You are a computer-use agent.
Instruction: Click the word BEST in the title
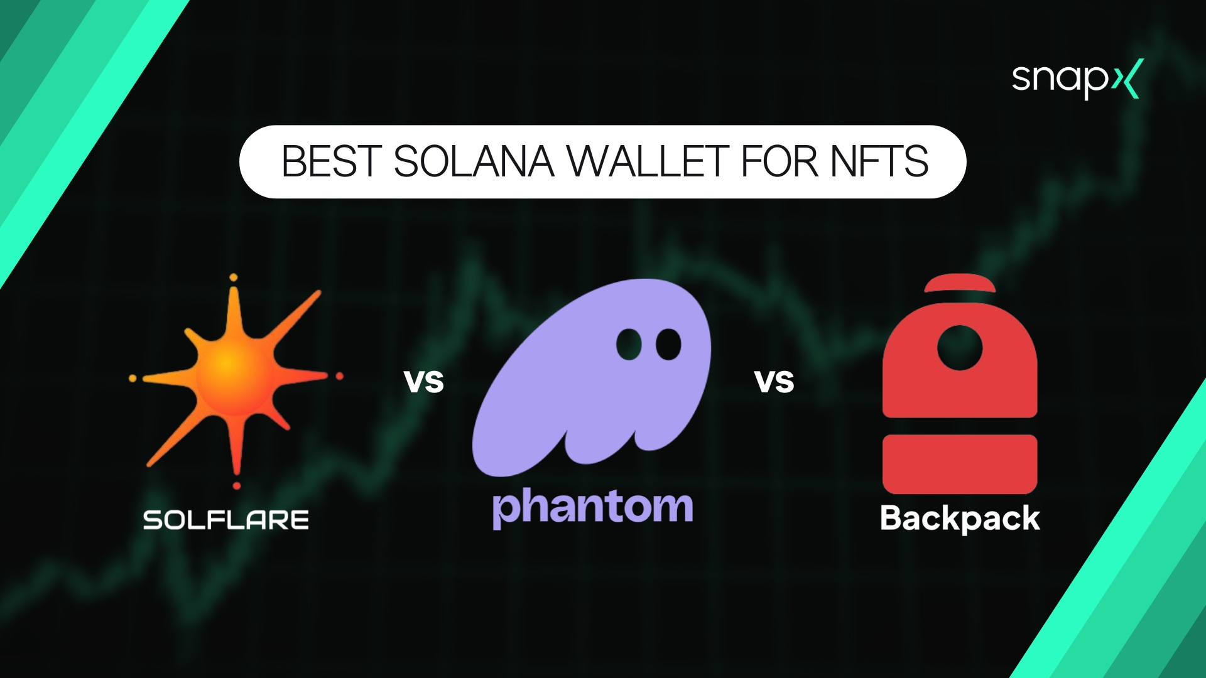pyautogui.click(x=331, y=162)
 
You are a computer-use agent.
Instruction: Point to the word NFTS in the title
pyautogui.click(x=879, y=162)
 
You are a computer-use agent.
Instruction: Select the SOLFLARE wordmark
pyautogui.click(x=226, y=520)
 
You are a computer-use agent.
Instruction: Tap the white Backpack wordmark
pyautogui.click(x=960, y=519)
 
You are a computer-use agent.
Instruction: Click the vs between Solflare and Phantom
pyautogui.click(x=424, y=382)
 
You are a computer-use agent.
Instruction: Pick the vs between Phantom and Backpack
pyautogui.click(x=774, y=382)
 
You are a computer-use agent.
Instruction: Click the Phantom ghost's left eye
pyautogui.click(x=629, y=344)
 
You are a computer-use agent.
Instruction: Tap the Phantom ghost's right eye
pyautogui.click(x=668, y=344)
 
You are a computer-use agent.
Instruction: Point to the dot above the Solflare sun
pyautogui.click(x=234, y=277)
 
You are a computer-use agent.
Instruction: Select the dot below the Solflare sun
pyautogui.click(x=237, y=485)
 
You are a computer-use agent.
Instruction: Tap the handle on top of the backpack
pyautogui.click(x=959, y=283)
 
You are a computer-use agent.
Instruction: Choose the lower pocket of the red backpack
pyautogui.click(x=959, y=464)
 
